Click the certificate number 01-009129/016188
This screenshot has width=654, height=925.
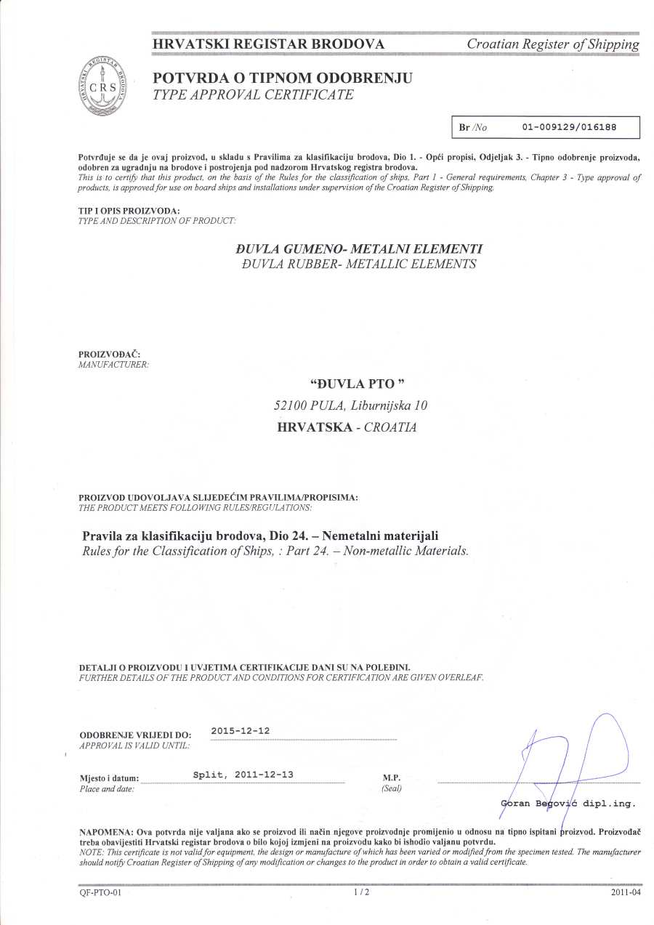(569, 127)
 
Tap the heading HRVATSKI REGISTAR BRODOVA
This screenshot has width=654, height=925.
(269, 44)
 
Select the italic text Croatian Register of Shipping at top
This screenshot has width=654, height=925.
(553, 44)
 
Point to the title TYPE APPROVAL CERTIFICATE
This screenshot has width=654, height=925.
(253, 94)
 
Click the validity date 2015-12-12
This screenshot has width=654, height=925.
(240, 730)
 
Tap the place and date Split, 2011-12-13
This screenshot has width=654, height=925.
(243, 775)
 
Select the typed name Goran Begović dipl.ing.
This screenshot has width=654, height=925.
(568, 804)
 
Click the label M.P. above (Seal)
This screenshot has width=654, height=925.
(391, 777)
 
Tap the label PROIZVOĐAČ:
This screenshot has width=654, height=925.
(104, 354)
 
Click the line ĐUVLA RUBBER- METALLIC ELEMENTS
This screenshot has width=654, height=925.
(358, 264)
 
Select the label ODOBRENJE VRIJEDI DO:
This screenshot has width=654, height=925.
(135, 735)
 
